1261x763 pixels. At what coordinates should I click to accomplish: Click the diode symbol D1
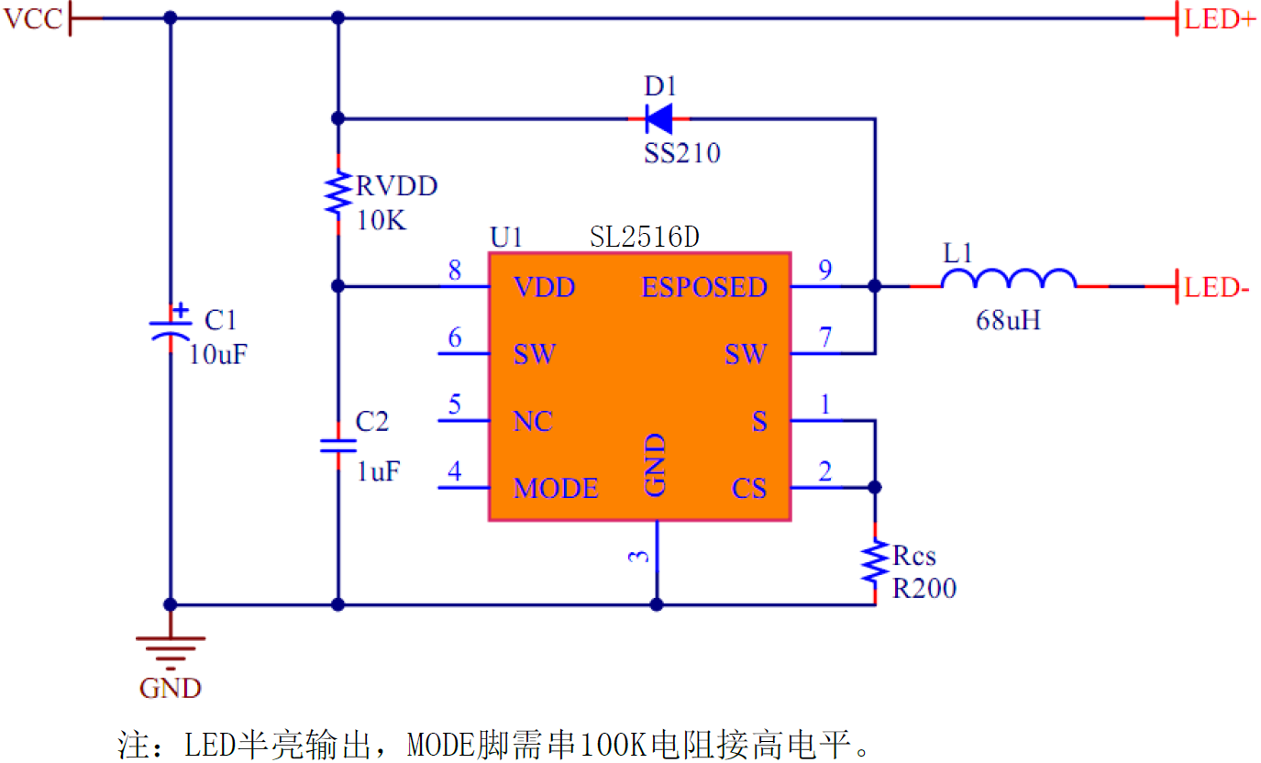[658, 118]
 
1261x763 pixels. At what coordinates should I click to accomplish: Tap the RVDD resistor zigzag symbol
[338, 193]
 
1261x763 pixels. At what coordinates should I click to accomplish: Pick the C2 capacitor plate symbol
[338, 446]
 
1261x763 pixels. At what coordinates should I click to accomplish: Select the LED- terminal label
[1217, 287]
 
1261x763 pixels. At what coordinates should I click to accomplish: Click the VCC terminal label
[34, 19]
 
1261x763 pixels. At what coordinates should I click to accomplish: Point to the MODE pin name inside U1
[556, 488]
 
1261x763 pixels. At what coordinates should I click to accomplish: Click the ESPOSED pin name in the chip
[704, 287]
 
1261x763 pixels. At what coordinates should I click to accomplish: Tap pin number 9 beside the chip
[824, 270]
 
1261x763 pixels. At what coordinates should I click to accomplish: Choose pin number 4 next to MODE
[455, 471]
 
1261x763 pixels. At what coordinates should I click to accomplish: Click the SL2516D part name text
[644, 238]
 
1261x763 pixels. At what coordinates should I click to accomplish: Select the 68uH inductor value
[1009, 321]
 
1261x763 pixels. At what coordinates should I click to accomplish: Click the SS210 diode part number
[681, 152]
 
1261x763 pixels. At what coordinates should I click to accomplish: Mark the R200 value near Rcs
[924, 588]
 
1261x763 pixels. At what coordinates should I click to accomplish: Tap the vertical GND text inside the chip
[656, 466]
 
